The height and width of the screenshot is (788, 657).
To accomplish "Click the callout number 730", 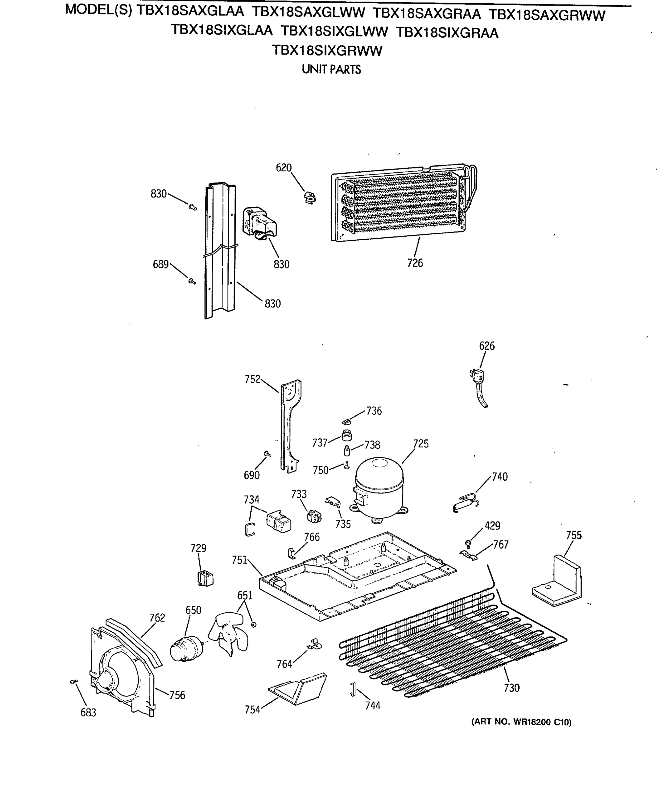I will tap(511, 688).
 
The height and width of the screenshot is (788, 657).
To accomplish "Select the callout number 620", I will tap(283, 168).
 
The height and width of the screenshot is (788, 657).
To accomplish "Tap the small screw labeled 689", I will tap(192, 280).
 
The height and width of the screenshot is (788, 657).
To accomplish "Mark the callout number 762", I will tap(157, 618).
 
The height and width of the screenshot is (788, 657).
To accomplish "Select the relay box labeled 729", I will tap(205, 578).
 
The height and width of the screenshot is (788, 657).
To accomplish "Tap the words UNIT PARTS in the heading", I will tap(331, 69).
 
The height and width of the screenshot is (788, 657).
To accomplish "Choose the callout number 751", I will tap(239, 560).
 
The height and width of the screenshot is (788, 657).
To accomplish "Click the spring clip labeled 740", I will tap(465, 503).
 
